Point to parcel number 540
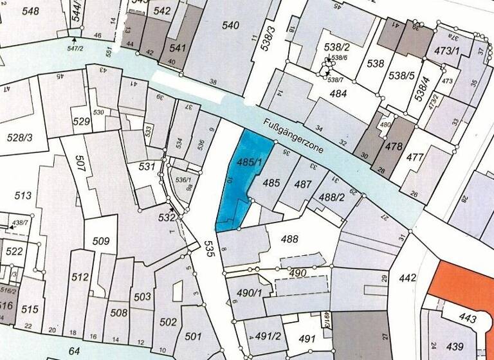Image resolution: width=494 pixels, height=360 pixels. (230, 26)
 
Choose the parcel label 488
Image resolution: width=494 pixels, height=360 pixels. (290, 239)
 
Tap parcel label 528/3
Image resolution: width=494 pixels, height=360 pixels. (19, 138)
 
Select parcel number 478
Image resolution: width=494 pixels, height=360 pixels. (394, 147)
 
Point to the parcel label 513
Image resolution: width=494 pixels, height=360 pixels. (24, 195)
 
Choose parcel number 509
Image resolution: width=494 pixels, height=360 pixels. (101, 242)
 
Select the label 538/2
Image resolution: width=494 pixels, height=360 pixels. (336, 47)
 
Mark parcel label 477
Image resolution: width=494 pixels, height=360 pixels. (416, 157)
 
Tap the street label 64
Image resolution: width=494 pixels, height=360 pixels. (75, 350)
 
